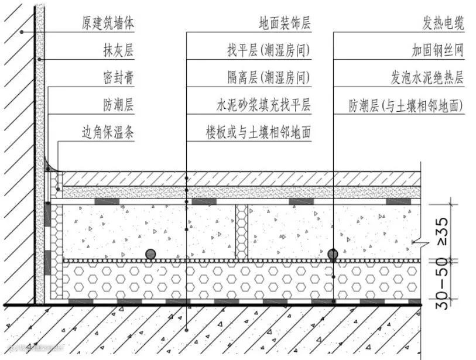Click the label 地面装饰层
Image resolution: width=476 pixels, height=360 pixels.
tap(285, 23)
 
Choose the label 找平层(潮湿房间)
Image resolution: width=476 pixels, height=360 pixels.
tap(269, 51)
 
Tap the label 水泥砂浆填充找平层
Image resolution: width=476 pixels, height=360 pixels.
tap(263, 106)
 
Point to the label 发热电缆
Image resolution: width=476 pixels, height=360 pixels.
tap(443, 23)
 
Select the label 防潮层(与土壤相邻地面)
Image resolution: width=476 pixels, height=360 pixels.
tap(406, 106)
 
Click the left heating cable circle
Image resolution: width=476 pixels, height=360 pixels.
tap(151, 254)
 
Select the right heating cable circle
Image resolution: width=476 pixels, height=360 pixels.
tap(333, 254)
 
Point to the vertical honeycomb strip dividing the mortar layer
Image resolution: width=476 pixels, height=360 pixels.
tap(241, 231)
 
